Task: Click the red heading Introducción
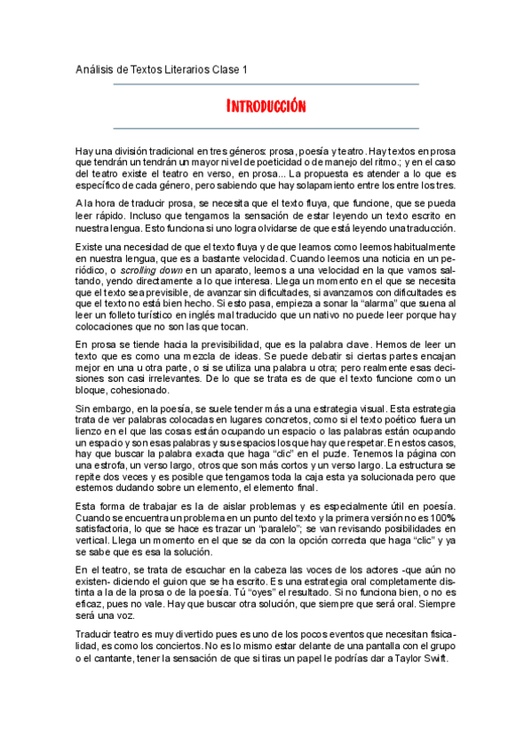tap(266, 107)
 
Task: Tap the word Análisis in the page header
tap(92, 69)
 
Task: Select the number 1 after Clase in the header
tap(245, 69)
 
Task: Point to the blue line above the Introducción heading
tap(266, 84)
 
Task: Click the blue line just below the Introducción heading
tap(266, 128)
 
